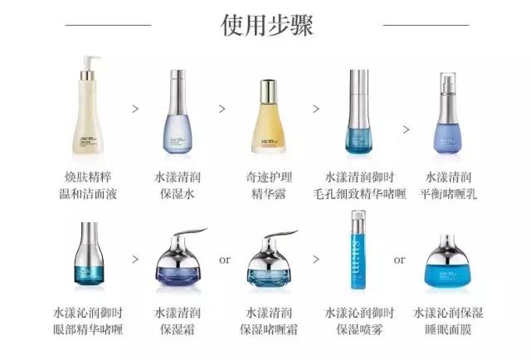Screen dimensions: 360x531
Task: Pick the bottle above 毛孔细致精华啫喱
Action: (x=359, y=116)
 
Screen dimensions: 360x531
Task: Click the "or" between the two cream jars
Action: (x=224, y=260)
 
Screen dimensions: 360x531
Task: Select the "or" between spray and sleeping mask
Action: (x=400, y=260)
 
